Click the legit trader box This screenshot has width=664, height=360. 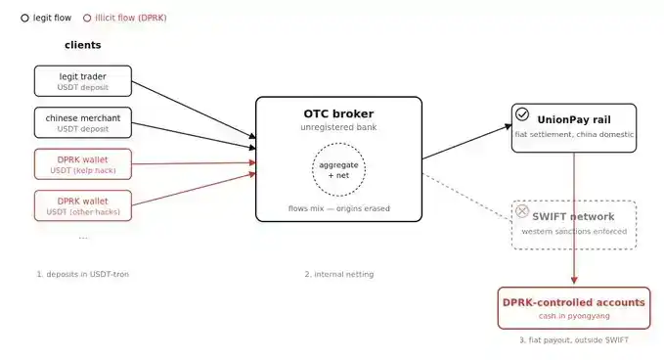tap(83, 81)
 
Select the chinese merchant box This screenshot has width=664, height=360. tap(83, 122)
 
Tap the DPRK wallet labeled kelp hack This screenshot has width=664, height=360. tap(83, 164)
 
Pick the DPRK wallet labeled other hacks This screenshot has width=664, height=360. tap(83, 205)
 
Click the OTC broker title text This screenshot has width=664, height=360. tap(338, 113)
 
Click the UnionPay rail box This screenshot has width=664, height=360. tap(574, 128)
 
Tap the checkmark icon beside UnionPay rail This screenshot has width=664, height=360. tap(522, 113)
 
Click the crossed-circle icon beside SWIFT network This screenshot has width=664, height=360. tap(522, 211)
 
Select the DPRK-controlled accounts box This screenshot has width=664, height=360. tap(574, 308)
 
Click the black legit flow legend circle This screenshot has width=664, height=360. tap(25, 18)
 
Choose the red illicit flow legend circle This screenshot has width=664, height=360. tap(87, 18)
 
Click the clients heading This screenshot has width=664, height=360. tap(83, 45)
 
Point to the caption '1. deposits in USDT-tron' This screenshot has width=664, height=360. tap(82, 274)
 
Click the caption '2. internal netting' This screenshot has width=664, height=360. tap(339, 274)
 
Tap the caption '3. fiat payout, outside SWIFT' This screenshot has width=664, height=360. tap(574, 339)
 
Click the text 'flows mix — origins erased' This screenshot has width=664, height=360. tap(338, 208)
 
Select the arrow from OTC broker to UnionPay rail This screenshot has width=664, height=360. tap(467, 142)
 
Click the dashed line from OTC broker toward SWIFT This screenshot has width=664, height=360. tap(467, 197)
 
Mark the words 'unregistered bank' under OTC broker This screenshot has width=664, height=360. tap(338, 127)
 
